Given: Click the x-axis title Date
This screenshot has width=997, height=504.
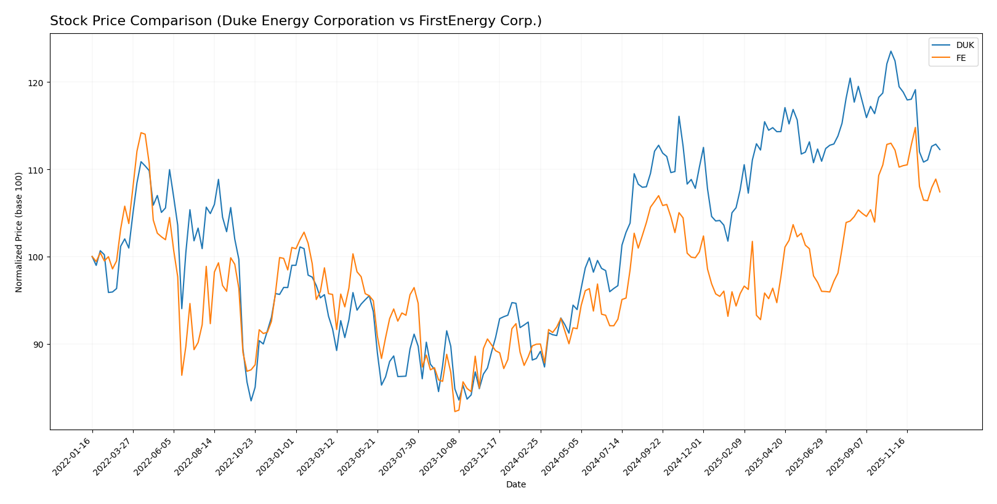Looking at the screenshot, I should (516, 485).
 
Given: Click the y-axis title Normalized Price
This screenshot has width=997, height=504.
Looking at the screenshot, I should (19, 232).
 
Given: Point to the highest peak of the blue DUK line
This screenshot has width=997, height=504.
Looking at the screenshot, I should (890, 51).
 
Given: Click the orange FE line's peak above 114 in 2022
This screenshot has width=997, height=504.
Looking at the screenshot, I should (141, 132).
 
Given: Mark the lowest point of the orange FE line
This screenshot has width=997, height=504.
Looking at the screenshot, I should (454, 411).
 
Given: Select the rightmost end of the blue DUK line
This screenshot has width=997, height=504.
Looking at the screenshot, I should (940, 150).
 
